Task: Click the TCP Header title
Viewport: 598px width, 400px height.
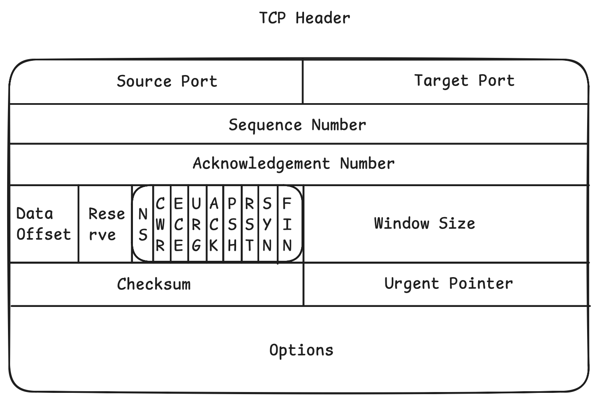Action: [x=304, y=18]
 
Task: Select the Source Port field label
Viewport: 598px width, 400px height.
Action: [x=167, y=81]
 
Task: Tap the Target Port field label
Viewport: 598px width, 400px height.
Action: [x=464, y=80]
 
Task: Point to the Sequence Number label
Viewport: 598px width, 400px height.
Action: [x=297, y=125]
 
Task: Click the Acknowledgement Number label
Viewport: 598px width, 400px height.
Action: [x=294, y=163]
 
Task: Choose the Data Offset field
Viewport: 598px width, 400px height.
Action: [x=43, y=224]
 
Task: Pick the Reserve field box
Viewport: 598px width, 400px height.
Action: [x=106, y=224]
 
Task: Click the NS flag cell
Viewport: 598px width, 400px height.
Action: [x=143, y=224]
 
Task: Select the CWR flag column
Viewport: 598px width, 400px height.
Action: [x=160, y=224]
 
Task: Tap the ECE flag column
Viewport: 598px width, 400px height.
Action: [x=178, y=224]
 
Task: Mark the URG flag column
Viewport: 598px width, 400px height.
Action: [x=196, y=224]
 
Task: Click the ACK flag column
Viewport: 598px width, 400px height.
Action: [x=214, y=224]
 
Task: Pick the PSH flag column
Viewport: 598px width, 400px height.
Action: [x=232, y=224]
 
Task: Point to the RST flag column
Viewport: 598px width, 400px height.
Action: [x=250, y=224]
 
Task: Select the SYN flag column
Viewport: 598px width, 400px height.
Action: [x=267, y=224]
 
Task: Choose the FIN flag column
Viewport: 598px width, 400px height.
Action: [x=287, y=224]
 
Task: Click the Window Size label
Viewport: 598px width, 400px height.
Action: [x=424, y=223]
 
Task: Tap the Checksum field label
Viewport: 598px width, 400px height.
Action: [x=154, y=284]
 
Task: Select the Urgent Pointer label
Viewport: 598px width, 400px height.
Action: [x=448, y=283]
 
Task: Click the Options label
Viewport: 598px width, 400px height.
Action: [x=301, y=350]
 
